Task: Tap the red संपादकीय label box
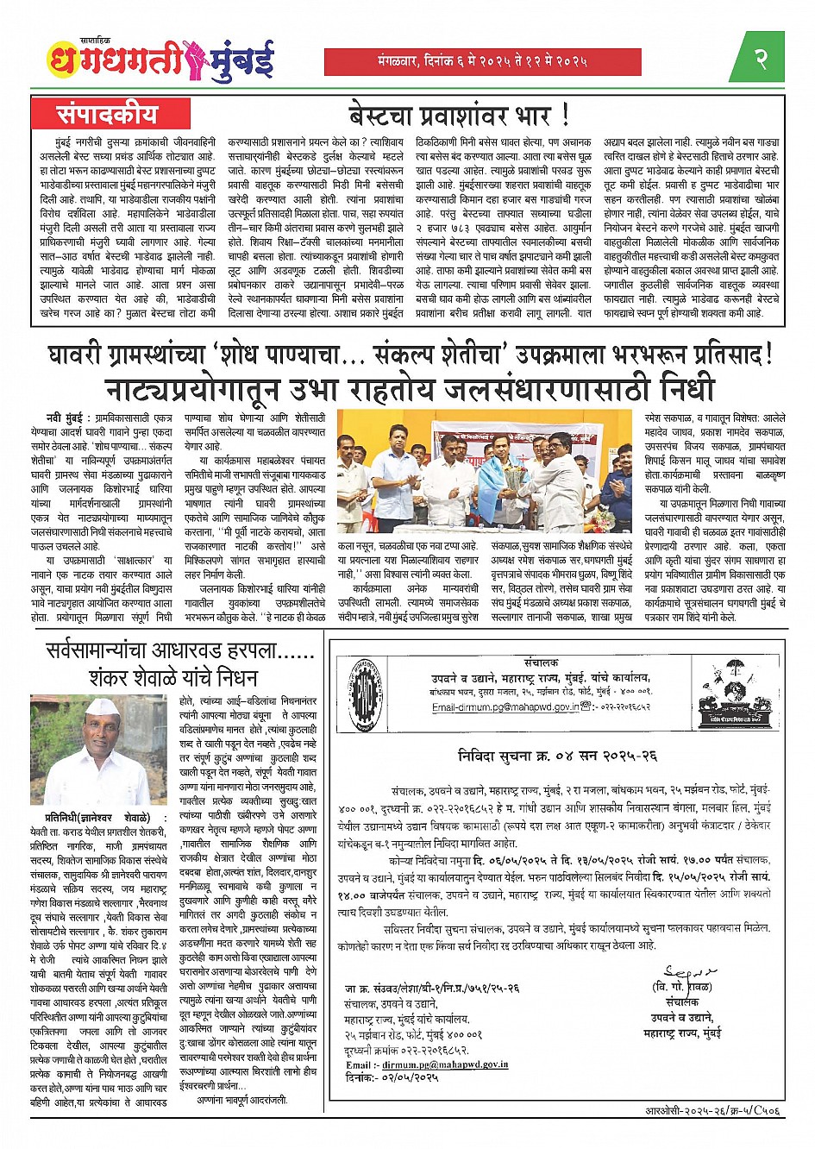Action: point(108,113)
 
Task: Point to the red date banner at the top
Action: point(482,61)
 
